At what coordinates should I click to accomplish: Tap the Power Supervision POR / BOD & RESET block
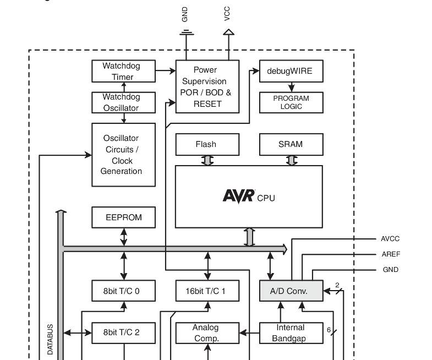[x=207, y=86]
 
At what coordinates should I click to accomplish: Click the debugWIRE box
[x=291, y=71]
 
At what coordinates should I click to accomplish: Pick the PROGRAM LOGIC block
[x=291, y=102]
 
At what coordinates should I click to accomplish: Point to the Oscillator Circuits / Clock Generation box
[x=123, y=155]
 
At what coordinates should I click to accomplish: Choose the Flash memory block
[x=207, y=144]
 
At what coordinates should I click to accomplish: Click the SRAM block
[x=291, y=144]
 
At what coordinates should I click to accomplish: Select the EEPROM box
[x=123, y=217]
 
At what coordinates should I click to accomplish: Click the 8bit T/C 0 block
[x=123, y=291]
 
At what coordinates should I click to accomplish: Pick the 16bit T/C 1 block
[x=207, y=291]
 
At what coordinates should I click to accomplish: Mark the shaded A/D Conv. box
[x=291, y=291]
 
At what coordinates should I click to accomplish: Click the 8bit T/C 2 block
[x=123, y=332]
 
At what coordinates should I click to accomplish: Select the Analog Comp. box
[x=207, y=333]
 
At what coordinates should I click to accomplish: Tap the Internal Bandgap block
[x=291, y=333]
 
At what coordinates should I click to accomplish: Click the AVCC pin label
[x=390, y=239]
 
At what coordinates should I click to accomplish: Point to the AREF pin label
[x=391, y=254]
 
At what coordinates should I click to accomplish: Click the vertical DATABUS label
[x=50, y=339]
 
